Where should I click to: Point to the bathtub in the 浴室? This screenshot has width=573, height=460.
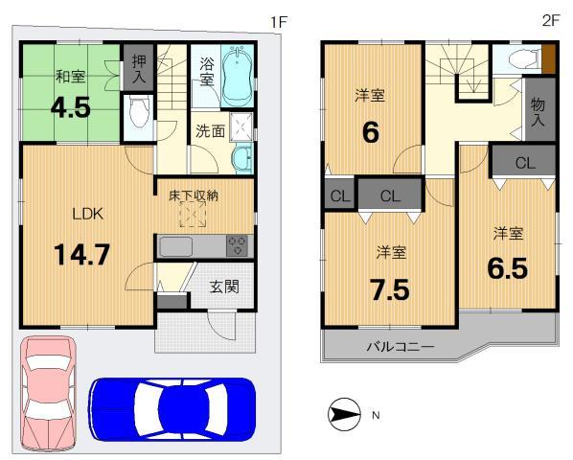coord(235,76)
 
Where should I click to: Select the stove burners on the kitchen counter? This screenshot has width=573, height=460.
coord(238,245)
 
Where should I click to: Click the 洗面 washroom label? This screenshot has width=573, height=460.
coord(211,131)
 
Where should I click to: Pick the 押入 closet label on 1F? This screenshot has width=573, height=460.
coord(139,69)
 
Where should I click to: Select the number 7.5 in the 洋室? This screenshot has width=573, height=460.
coord(388,287)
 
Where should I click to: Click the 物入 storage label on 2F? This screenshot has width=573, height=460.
coord(539,112)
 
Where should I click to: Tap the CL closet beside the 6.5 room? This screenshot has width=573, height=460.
coord(523,163)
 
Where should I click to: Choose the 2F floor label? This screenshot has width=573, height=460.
coord(550,19)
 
